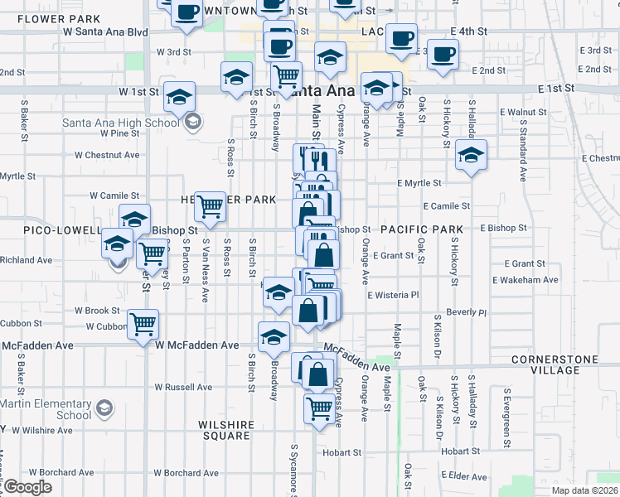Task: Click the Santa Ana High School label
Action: pos(120,123)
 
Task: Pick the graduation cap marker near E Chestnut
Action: pos(471,154)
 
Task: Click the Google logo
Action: pos(27,487)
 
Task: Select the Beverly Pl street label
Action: pos(465,313)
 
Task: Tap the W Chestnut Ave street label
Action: pos(107,154)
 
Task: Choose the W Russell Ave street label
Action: pos(183,387)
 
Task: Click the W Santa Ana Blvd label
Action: pos(105,32)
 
